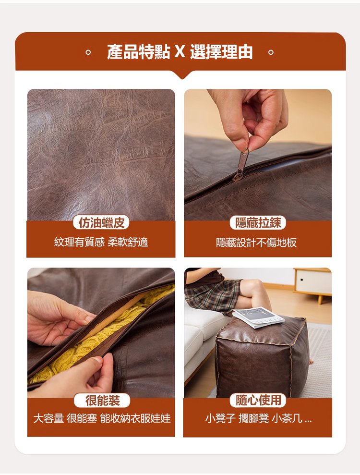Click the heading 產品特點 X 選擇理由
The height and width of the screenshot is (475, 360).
coord(180,52)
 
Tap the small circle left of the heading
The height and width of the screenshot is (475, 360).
coord(88,52)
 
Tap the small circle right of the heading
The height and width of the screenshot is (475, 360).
coord(271,52)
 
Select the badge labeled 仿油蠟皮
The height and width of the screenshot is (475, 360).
coord(101,223)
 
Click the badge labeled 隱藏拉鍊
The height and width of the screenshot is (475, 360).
coord(258,223)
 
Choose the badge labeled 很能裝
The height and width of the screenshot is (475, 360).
coord(102,401)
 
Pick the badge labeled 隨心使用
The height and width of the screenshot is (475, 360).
coord(258,400)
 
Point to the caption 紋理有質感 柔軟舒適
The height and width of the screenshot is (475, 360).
coord(101,242)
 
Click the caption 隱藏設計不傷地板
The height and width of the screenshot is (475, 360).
coord(256,243)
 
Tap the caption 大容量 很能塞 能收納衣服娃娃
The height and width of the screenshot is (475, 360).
coord(102,418)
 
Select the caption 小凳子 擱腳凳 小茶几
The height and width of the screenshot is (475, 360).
coord(258,418)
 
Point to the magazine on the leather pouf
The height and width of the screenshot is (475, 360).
coord(258,317)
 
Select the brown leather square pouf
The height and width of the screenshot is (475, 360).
coord(262,357)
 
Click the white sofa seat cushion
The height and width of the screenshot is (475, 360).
coord(204,321)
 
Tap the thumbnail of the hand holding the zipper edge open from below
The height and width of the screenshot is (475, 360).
coord(97,360)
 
